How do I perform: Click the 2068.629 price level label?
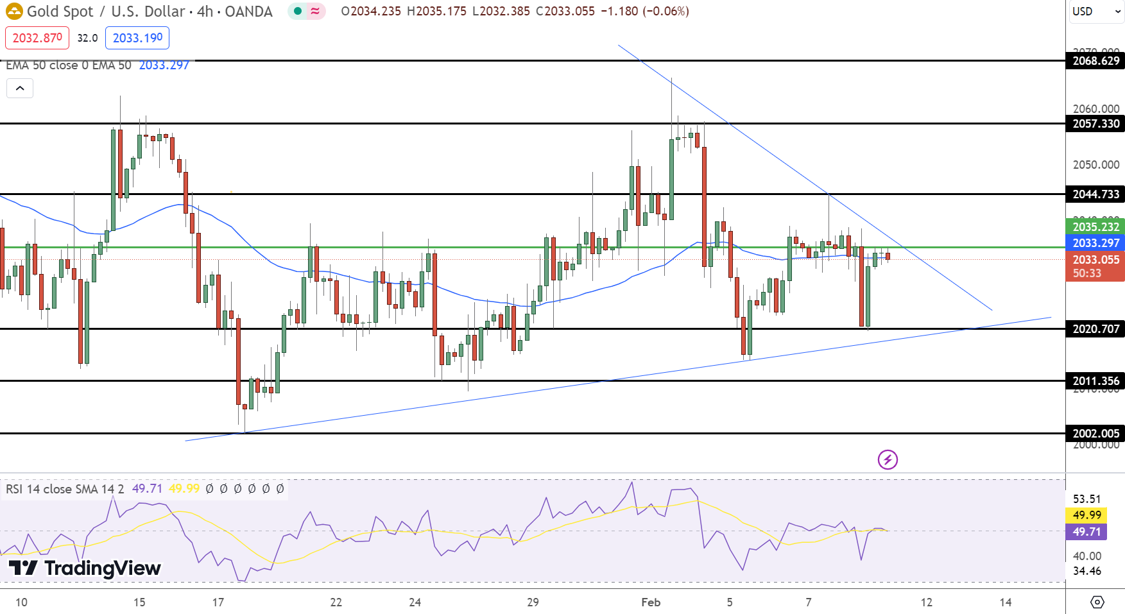pos(1095,61)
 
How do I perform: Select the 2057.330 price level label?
pos(1095,124)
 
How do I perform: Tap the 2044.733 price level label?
pos(1095,194)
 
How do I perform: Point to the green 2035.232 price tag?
pos(1095,227)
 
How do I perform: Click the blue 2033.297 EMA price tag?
pos(1095,243)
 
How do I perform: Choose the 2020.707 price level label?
pos(1095,329)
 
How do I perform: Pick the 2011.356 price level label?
pos(1095,381)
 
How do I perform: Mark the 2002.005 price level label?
pos(1095,434)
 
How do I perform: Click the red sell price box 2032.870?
pos(37,38)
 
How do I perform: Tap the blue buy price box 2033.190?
pos(137,38)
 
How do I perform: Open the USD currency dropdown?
pos(1095,12)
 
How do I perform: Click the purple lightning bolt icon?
pos(888,459)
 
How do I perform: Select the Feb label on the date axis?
pos(651,602)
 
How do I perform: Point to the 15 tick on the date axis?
pos(139,602)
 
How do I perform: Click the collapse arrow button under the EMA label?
pos(20,89)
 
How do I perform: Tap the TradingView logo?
pos(84,568)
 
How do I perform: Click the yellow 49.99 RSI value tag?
pos(1086,515)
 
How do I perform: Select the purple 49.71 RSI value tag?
pos(1086,532)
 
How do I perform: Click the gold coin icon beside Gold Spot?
pos(14,12)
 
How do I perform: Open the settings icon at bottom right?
pos(1097,602)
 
